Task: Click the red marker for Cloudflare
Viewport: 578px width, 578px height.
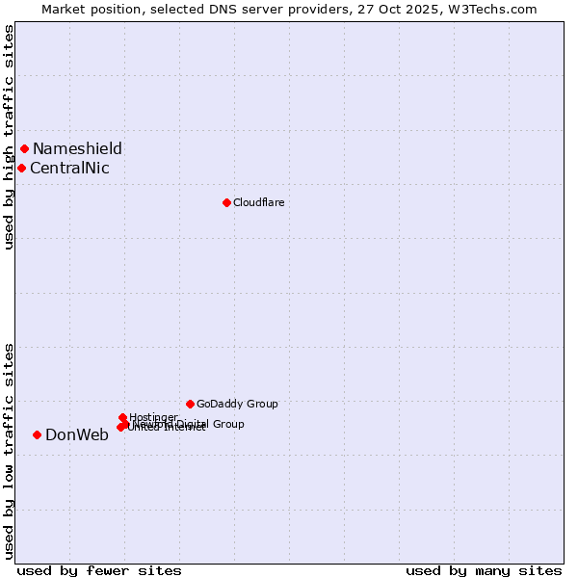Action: click(226, 202)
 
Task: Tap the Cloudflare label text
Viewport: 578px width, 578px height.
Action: click(258, 202)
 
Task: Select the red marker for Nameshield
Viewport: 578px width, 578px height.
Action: click(24, 148)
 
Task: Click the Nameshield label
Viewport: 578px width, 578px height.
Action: click(77, 148)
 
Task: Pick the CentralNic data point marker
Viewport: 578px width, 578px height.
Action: click(21, 168)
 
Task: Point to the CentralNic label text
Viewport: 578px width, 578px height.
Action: click(69, 169)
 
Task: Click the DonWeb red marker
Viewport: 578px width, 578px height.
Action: click(38, 434)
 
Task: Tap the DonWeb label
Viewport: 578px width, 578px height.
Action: click(77, 434)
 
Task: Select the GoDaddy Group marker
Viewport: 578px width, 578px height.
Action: click(190, 404)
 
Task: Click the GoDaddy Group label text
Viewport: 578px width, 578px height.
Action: click(237, 404)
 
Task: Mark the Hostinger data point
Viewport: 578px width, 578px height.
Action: click(122, 417)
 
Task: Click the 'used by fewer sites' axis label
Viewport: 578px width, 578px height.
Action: click(99, 570)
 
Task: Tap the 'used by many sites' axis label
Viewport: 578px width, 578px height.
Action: click(484, 570)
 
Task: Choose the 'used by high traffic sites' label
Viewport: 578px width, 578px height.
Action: click(9, 137)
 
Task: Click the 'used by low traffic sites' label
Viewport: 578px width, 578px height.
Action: click(9, 450)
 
